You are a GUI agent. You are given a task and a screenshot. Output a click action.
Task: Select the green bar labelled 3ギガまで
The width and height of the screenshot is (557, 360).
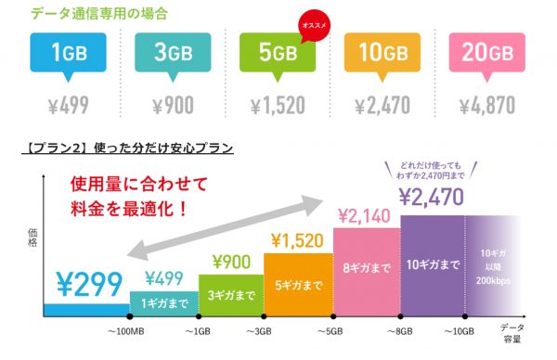[231, 295]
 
